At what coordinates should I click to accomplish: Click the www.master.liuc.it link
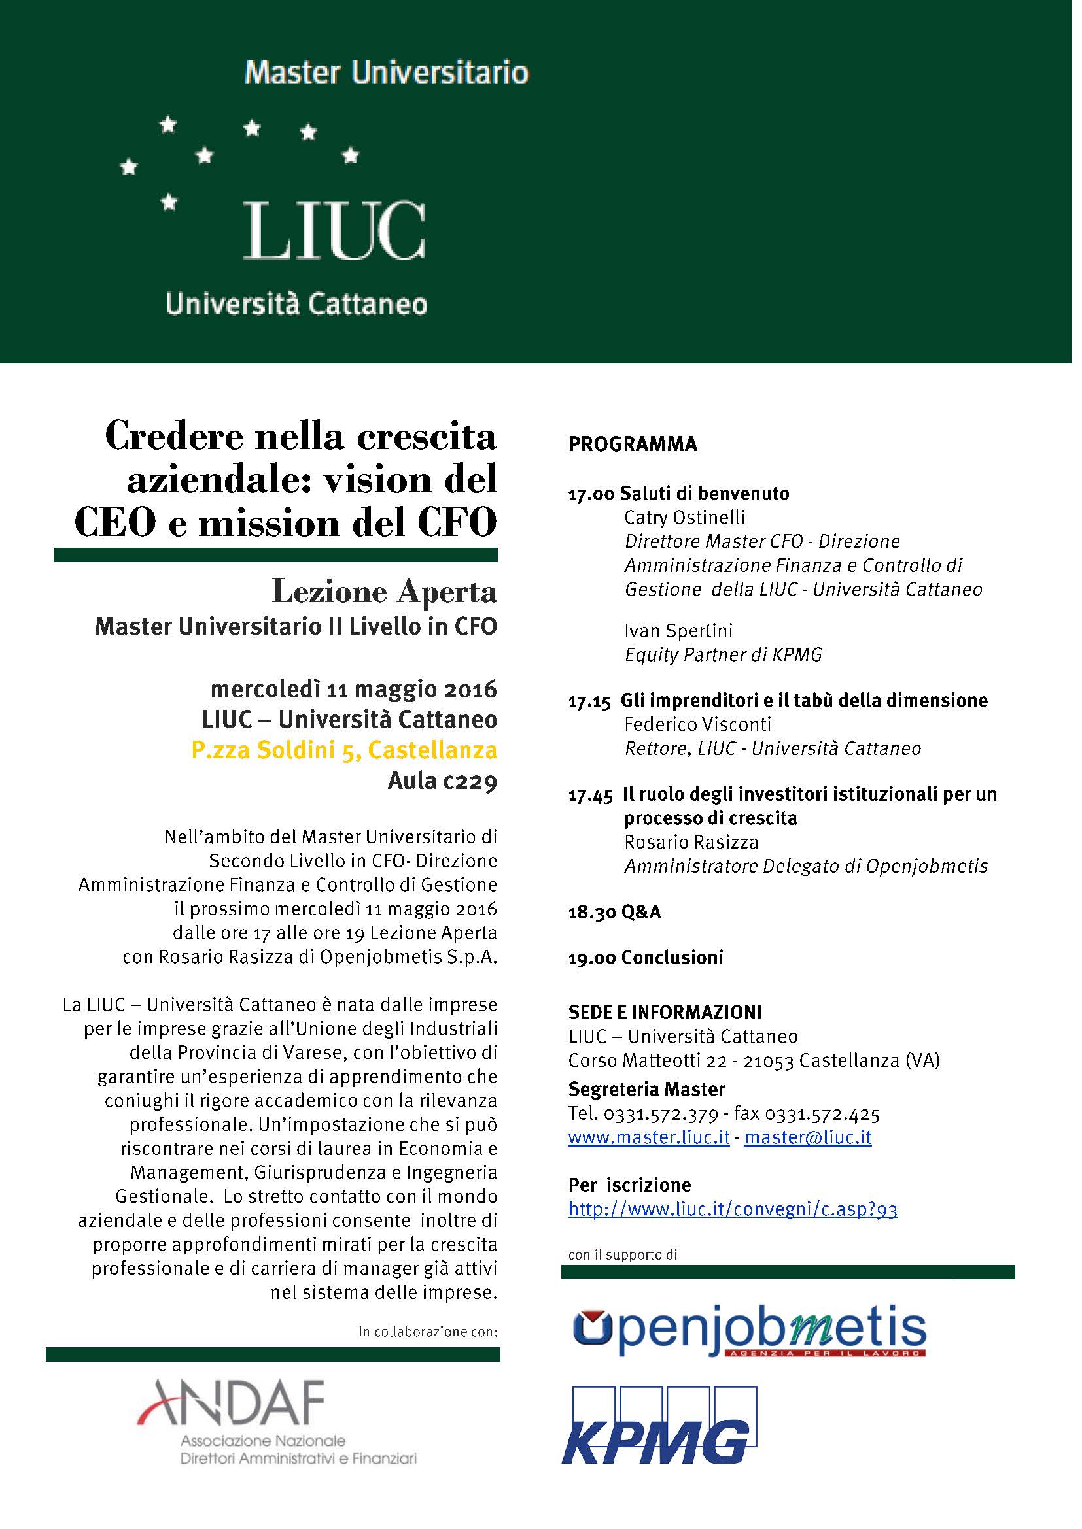click(649, 1137)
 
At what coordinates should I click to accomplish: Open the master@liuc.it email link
click(807, 1137)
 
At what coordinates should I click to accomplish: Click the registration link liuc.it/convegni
click(732, 1209)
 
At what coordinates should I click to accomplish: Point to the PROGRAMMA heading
click(633, 444)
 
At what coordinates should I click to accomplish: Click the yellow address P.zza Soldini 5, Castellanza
click(344, 750)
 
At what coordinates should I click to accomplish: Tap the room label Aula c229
click(442, 781)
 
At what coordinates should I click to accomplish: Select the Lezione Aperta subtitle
click(385, 592)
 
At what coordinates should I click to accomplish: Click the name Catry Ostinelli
click(684, 518)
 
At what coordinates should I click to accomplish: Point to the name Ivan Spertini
click(678, 630)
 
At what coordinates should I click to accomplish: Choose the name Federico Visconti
click(697, 724)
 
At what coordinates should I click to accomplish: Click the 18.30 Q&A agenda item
click(614, 912)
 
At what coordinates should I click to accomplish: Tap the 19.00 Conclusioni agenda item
click(645, 958)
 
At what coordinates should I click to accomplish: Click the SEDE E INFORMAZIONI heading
click(664, 1012)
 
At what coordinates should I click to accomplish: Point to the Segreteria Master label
click(646, 1089)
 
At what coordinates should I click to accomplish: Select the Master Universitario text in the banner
click(387, 73)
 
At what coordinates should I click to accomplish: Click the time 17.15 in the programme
click(589, 701)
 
